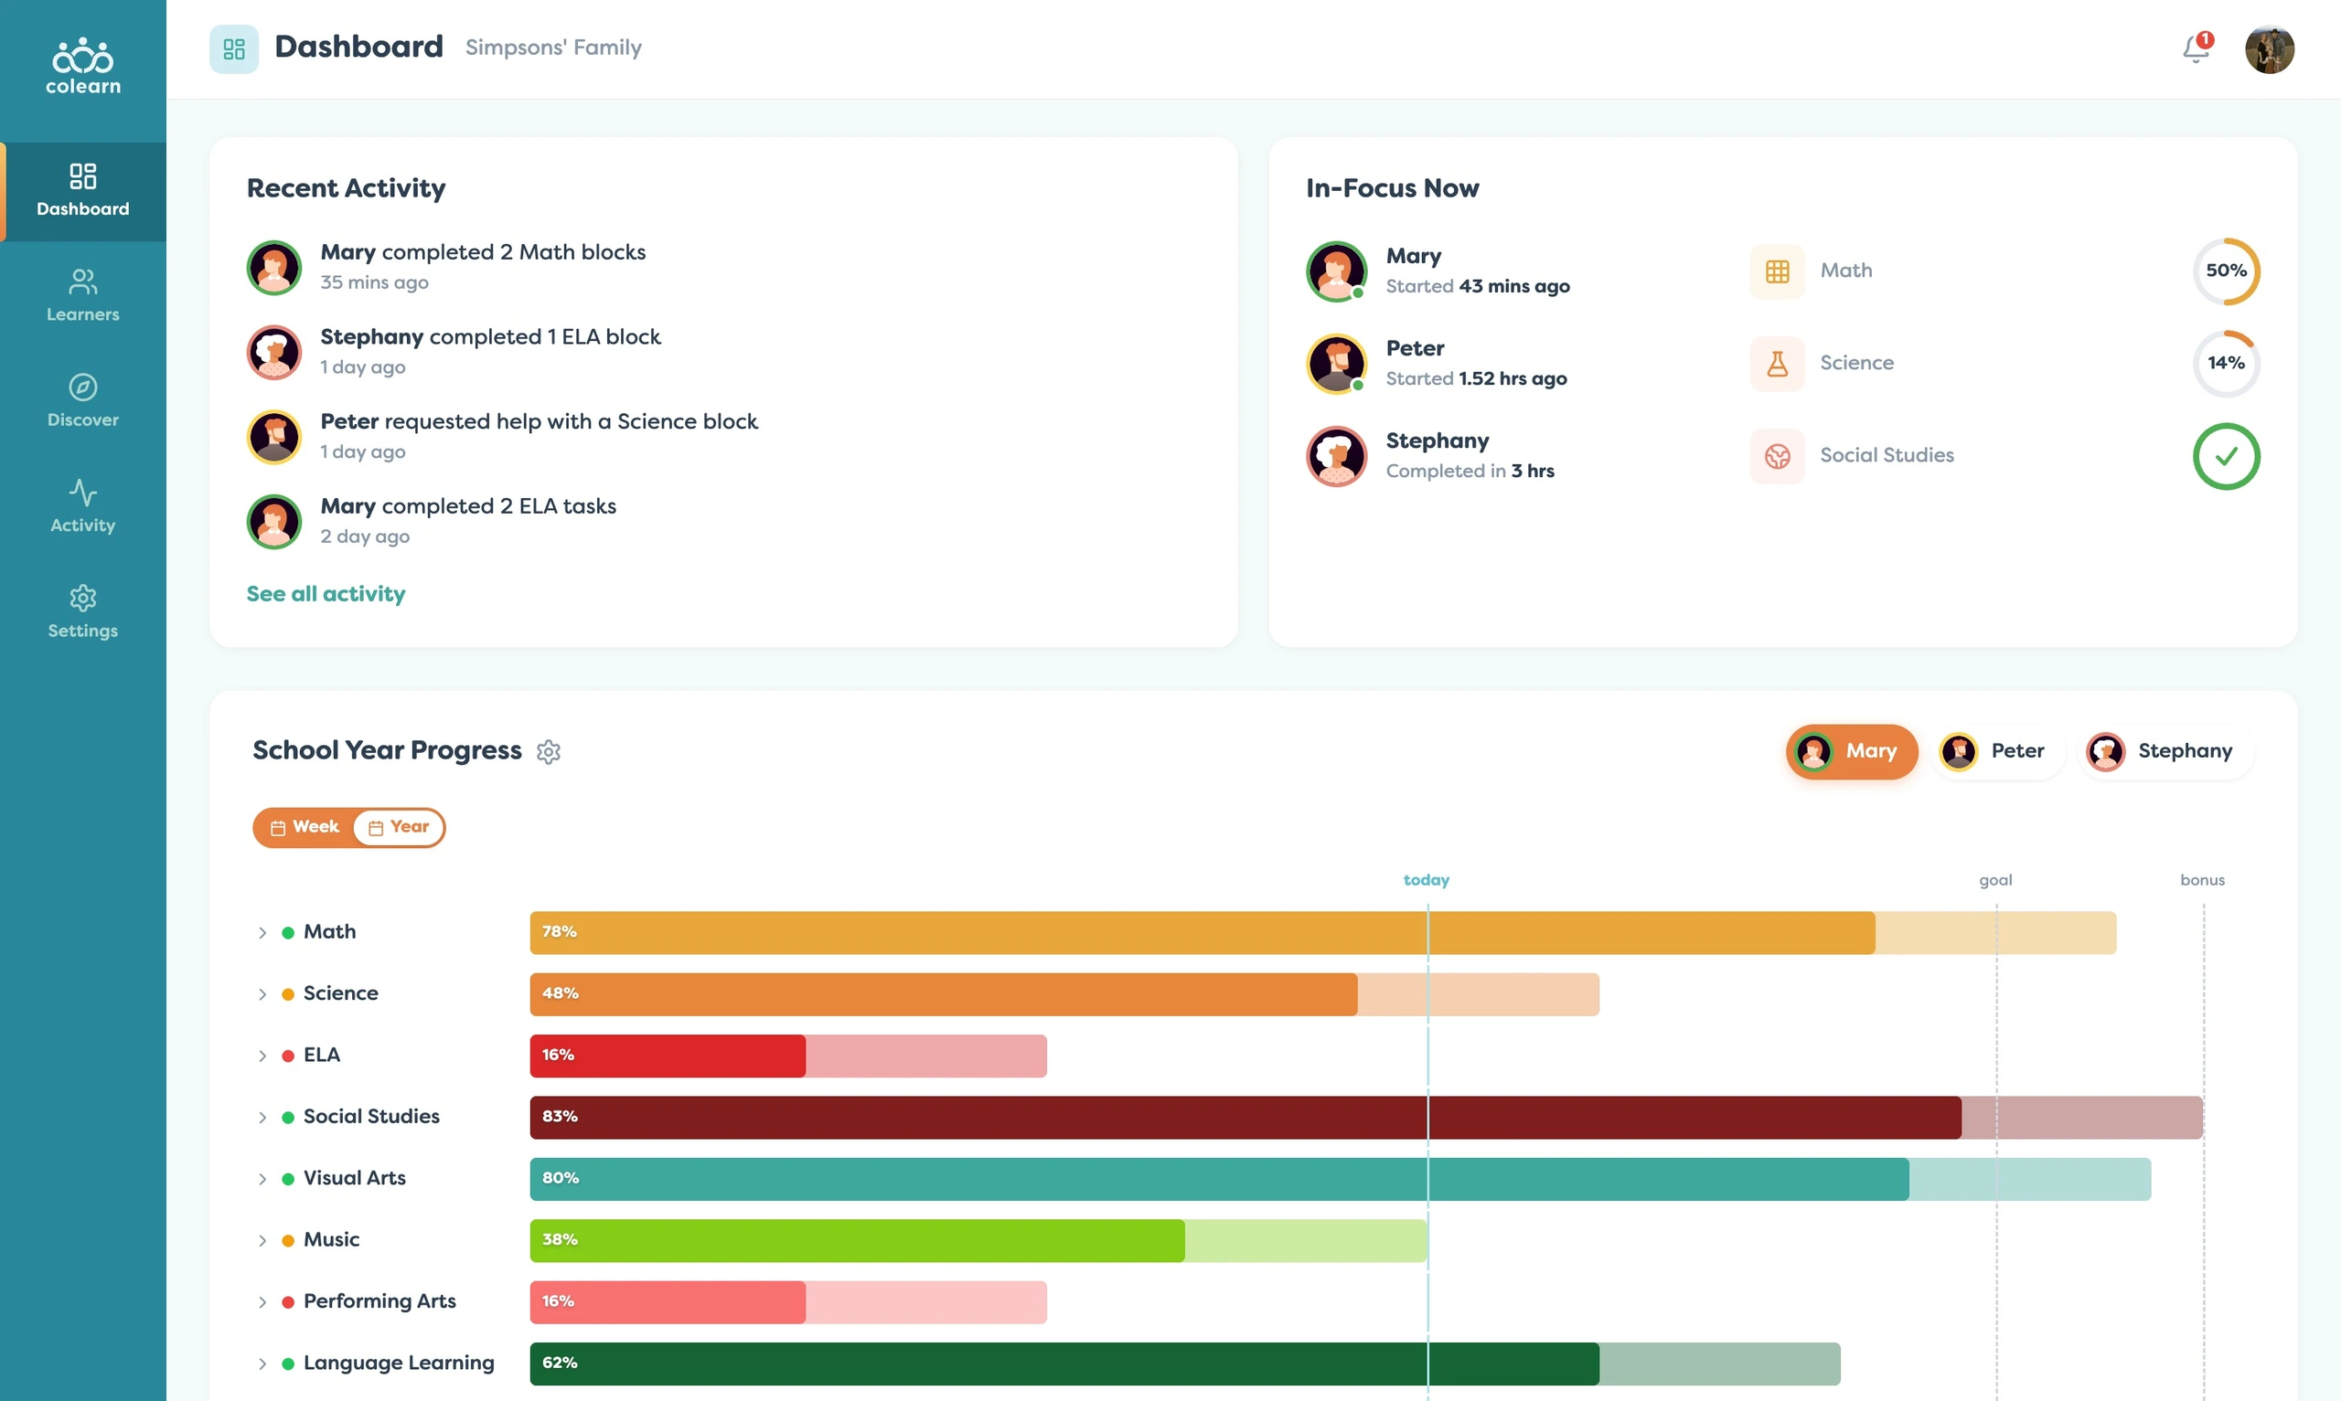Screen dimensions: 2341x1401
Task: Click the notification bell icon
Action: tap(2197, 48)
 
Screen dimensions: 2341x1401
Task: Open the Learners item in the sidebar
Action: tap(83, 294)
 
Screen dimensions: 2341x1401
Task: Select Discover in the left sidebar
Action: tap(83, 400)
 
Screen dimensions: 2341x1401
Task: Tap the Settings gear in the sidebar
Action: tap(83, 610)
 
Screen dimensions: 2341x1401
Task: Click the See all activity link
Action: tap(326, 594)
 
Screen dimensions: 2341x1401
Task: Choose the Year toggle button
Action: tap(399, 827)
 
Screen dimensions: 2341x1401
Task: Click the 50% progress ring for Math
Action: tap(2226, 271)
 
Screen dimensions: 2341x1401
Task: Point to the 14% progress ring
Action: tap(2226, 364)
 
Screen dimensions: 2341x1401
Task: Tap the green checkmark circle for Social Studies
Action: tap(2226, 456)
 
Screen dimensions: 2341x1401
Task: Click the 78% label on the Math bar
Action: tap(559, 932)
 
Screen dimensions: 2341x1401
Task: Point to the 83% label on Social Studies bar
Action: tap(560, 1117)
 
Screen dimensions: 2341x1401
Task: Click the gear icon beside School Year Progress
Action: tap(549, 751)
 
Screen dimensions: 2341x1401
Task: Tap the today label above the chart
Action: tap(1426, 880)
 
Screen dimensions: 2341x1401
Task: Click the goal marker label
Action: tap(1995, 880)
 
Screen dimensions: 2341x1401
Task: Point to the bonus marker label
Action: tap(2202, 880)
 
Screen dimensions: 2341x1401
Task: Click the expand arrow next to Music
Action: tap(262, 1240)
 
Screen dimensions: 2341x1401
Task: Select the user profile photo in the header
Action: tap(2270, 49)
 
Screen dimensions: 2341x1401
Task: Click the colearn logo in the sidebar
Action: tap(83, 66)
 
